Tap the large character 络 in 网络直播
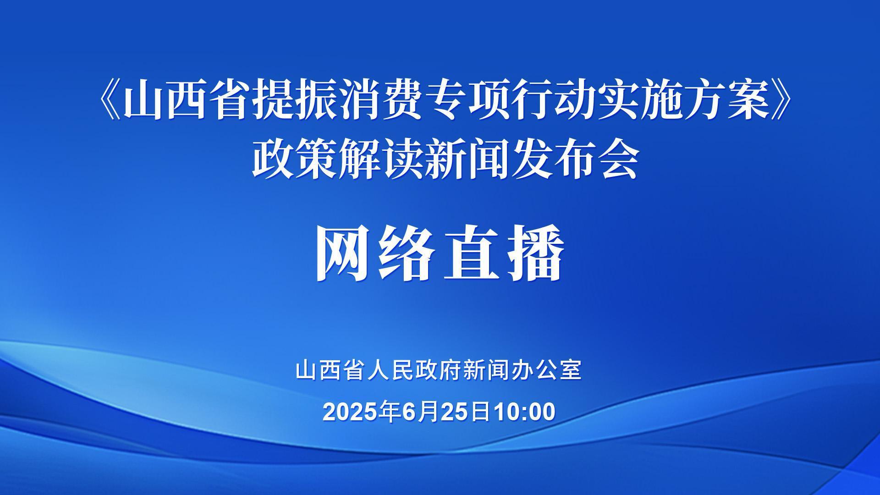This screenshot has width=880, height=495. pos(407,253)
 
